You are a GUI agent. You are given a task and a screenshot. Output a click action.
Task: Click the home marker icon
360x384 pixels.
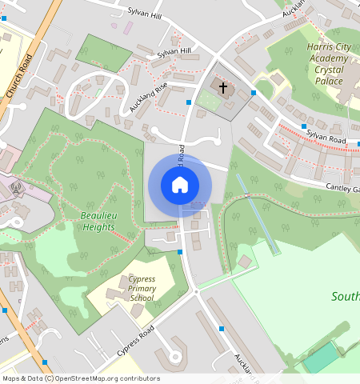coord(180,185)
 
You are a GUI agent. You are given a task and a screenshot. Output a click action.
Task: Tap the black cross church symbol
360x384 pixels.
coord(221,86)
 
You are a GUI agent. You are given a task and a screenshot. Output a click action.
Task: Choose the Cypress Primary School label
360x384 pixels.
coord(130,289)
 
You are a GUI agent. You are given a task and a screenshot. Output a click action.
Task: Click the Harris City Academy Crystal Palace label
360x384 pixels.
coord(329,64)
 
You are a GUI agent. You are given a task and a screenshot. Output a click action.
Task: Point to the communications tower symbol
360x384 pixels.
coord(17,189)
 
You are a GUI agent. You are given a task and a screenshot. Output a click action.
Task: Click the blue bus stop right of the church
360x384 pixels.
coord(254,93)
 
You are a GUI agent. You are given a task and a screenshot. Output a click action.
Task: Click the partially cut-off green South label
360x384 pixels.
coord(345,297)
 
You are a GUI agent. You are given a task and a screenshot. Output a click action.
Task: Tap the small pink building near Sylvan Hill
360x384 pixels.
coord(128,27)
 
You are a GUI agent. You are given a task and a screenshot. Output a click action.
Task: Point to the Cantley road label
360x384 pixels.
coord(342,188)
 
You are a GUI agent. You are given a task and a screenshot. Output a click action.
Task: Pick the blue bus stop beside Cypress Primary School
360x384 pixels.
coord(180,252)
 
